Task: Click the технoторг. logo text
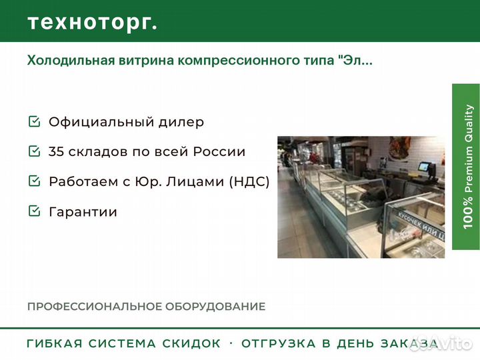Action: (x=93, y=23)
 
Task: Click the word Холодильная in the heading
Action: (x=71, y=60)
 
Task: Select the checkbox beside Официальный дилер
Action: (x=34, y=121)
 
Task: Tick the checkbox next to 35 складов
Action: (x=34, y=151)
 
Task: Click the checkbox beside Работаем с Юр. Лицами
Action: (x=34, y=181)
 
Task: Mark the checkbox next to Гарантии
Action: (x=34, y=211)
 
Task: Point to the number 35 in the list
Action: (x=56, y=151)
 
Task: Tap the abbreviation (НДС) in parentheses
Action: (x=249, y=181)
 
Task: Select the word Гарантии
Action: (x=83, y=212)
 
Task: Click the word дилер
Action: (x=181, y=122)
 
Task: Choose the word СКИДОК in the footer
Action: (x=191, y=343)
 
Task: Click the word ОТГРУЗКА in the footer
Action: (x=279, y=343)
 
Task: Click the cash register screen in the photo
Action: (x=424, y=167)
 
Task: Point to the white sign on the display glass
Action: (x=421, y=225)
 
